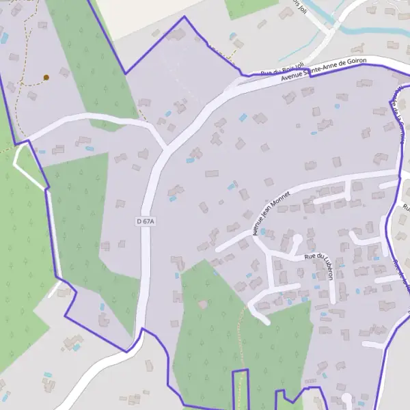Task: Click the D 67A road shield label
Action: pos(146,221)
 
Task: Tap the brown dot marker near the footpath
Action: pos(46,77)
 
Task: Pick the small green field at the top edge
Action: pos(250,7)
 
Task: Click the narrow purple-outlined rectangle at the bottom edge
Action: pos(240,389)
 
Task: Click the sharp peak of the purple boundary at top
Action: pos(183,17)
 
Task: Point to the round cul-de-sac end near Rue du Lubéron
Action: pos(296,240)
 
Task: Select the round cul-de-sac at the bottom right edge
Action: pos(346,398)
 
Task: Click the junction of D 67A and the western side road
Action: pos(165,145)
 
